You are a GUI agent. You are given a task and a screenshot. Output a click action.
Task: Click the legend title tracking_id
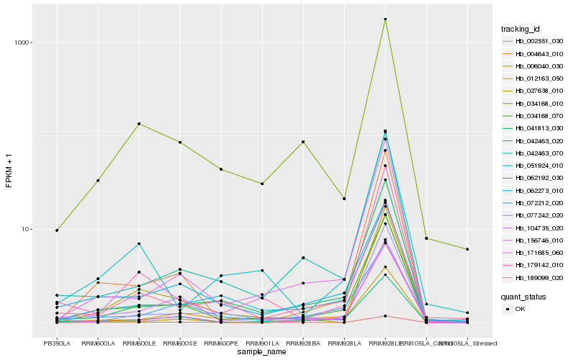pos(521,29)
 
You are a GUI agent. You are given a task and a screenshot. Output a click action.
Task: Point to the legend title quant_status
pos(523,296)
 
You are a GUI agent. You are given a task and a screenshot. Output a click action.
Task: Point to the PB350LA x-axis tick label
pos(56,343)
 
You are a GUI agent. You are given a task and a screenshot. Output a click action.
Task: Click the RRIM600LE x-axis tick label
pos(139,343)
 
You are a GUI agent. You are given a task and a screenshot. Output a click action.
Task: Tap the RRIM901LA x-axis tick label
pos(262,343)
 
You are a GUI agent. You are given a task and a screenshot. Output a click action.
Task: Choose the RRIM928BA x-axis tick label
pos(303,343)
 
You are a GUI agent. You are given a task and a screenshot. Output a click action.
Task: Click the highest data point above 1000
pos(386,19)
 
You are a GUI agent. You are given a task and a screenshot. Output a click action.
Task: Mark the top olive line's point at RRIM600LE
pos(139,124)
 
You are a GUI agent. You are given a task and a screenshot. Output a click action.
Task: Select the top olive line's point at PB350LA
pos(56,230)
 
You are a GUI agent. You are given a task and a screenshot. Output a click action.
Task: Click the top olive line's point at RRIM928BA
pos(303,142)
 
